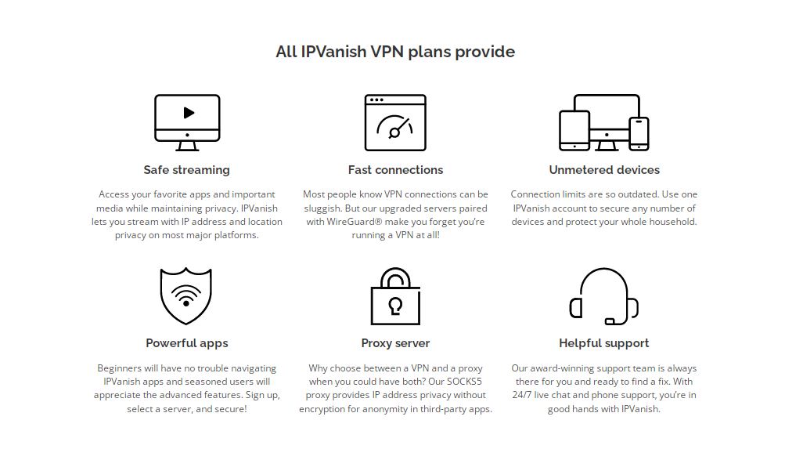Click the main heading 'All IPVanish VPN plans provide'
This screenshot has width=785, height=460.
coord(395,52)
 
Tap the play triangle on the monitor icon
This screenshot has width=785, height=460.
coord(189,113)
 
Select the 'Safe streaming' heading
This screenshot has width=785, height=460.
coord(187,170)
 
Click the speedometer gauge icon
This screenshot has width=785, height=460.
coord(395,123)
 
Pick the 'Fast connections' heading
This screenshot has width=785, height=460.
coord(395,170)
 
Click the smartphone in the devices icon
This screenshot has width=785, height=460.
coord(639,134)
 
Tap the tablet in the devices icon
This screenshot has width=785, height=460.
coord(574,130)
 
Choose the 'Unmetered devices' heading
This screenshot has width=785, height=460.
coord(604,170)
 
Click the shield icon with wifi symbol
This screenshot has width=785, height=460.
coord(186,295)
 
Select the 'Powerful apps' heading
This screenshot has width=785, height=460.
coord(187,343)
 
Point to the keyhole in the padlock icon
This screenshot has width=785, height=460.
coord(395,306)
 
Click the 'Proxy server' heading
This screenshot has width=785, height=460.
coord(395,343)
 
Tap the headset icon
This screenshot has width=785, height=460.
coord(603,296)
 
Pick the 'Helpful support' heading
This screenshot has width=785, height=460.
coord(603,343)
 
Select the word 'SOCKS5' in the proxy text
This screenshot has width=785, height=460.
coord(464,382)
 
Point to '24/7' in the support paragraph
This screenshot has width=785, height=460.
coord(522,395)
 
